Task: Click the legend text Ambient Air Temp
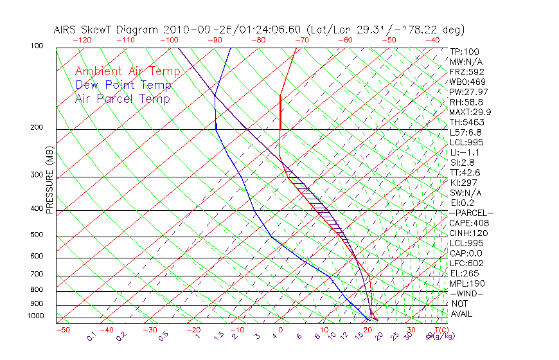[127, 71]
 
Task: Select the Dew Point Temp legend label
[123, 85]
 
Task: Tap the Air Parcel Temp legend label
[123, 98]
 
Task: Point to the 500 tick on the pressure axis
[36, 235]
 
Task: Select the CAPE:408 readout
[466, 223]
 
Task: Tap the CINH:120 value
[466, 233]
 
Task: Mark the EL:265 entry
[463, 273]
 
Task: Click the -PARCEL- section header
[471, 213]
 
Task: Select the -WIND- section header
[466, 293]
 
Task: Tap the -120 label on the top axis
[82, 40]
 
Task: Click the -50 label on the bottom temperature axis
[62, 330]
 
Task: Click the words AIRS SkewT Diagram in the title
[107, 30]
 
